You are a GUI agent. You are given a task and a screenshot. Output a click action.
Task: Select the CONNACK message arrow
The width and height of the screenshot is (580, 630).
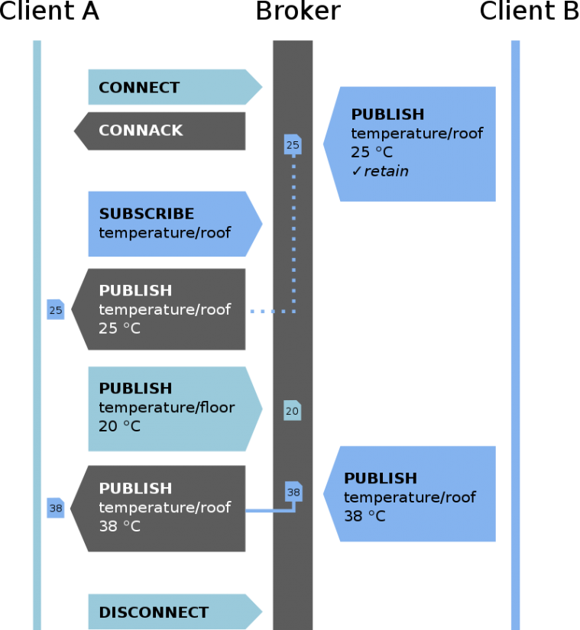click(160, 131)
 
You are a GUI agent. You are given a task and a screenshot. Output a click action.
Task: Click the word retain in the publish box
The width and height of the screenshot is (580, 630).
click(386, 171)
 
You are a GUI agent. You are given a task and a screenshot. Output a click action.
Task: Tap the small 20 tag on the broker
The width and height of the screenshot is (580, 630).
click(292, 411)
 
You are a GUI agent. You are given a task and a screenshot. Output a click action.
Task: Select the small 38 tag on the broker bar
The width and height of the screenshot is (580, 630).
click(293, 493)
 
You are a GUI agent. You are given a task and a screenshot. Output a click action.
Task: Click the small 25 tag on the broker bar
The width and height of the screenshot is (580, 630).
click(293, 144)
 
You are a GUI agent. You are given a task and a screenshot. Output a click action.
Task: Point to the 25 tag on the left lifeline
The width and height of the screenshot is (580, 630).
click(55, 309)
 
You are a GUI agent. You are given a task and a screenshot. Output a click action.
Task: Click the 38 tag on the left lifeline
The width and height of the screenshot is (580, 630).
click(55, 508)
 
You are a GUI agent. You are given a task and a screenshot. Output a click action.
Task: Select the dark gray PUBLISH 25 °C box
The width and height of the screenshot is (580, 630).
click(160, 309)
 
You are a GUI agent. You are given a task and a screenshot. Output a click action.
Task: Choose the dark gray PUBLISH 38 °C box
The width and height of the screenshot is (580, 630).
click(160, 508)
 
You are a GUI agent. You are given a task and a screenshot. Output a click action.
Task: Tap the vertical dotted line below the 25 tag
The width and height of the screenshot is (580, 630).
click(293, 229)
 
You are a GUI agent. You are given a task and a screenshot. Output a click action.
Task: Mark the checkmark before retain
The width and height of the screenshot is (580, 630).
click(356, 171)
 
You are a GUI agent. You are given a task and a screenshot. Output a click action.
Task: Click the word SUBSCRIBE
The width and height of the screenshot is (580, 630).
click(146, 214)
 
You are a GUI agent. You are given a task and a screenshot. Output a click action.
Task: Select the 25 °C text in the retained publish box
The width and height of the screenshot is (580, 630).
click(371, 152)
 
